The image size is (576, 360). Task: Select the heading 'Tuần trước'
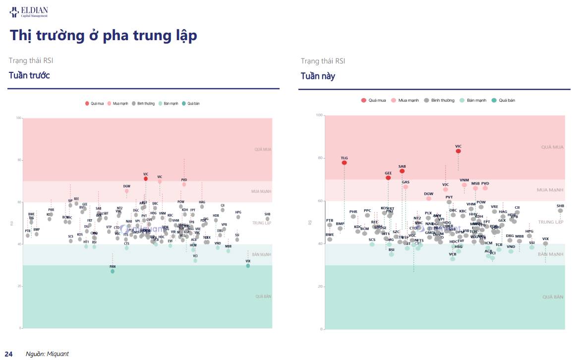click(29, 75)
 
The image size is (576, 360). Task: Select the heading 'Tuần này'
click(318, 76)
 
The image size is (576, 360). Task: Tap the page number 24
click(8, 354)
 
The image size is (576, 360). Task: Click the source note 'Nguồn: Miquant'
click(47, 354)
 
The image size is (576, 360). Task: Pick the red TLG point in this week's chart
click(344, 163)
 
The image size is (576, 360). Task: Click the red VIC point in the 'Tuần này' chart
click(459, 151)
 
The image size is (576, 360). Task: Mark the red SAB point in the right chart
click(402, 171)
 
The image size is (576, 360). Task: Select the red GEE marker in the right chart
click(388, 178)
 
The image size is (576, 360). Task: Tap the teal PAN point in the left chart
click(113, 271)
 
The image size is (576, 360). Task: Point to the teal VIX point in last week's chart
click(248, 266)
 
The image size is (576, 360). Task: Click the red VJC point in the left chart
click(146, 179)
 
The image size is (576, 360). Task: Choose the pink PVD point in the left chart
click(184, 184)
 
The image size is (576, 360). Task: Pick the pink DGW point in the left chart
click(127, 191)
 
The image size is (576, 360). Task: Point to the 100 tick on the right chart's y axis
click(319, 116)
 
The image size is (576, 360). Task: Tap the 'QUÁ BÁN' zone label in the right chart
click(553, 297)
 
